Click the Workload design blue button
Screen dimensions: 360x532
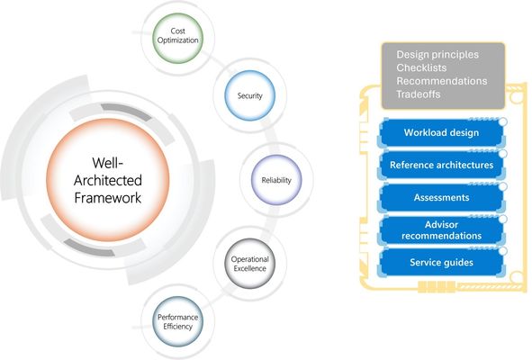pyautogui.click(x=441, y=133)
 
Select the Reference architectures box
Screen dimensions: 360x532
pyautogui.click(x=441, y=166)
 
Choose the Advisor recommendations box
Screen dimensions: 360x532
pyautogui.click(x=441, y=229)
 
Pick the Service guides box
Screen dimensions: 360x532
pyautogui.click(x=441, y=262)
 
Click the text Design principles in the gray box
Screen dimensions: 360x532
pyautogui.click(x=437, y=55)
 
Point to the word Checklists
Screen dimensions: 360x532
pyautogui.click(x=423, y=68)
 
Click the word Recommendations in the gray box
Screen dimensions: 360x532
pyautogui.click(x=442, y=81)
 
